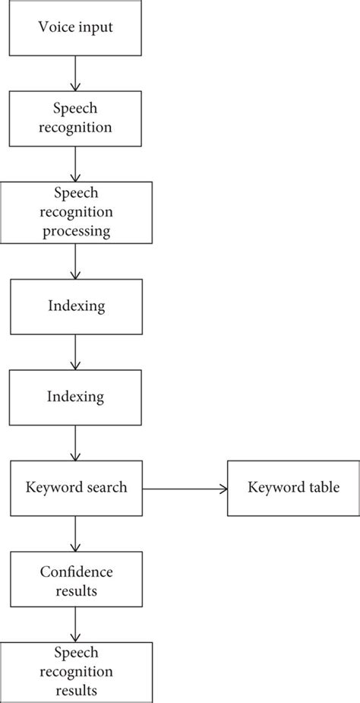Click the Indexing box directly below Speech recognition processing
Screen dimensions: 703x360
[76, 307]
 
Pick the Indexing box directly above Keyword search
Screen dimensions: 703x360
[76, 397]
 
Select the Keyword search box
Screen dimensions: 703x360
[76, 487]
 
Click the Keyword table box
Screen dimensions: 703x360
[293, 487]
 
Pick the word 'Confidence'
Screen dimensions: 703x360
[76, 572]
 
